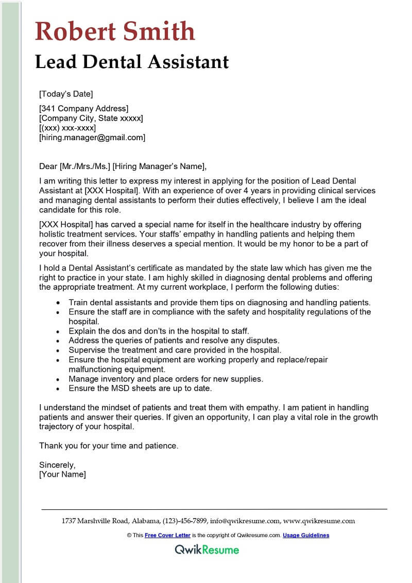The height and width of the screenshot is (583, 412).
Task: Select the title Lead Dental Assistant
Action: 132,62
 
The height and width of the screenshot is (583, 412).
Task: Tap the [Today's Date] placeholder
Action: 66,94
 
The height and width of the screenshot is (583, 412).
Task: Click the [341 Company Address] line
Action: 83,108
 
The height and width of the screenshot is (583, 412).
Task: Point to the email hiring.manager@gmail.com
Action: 92,138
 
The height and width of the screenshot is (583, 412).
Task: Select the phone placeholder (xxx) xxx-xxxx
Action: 67,128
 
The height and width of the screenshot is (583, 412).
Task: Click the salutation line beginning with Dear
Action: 123,166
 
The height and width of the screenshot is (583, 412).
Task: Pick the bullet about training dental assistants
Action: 219,302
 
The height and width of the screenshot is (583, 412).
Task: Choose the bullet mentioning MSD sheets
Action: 140,388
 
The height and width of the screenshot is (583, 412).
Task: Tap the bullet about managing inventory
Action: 165,379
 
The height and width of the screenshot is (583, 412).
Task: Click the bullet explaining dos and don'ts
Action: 159,331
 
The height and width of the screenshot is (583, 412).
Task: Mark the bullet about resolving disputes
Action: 174,340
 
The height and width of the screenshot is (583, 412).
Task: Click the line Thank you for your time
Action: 109,445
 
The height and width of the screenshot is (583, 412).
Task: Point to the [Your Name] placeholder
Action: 63,474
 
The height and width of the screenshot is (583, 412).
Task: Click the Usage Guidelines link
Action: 306,536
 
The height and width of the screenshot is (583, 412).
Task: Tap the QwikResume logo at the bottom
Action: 207,549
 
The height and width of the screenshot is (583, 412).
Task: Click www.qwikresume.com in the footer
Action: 319,521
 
